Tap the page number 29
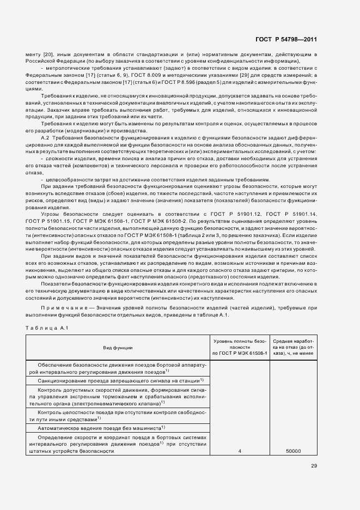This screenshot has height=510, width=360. (314, 465)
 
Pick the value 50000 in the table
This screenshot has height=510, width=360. (294, 451)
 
